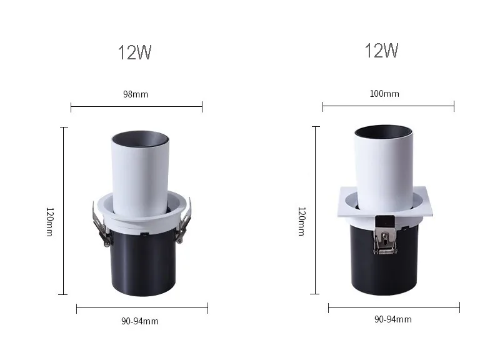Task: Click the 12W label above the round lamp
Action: pyautogui.click(x=135, y=52)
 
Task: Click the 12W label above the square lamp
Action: pyautogui.click(x=381, y=51)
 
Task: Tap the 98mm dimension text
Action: pyautogui.click(x=136, y=94)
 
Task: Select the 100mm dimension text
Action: pyautogui.click(x=384, y=94)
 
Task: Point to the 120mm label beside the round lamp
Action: pyautogui.click(x=49, y=222)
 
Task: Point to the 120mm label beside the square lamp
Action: pyautogui.click(x=302, y=221)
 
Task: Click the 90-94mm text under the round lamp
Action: pyautogui.click(x=140, y=321)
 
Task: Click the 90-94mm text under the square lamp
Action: pyautogui.click(x=393, y=319)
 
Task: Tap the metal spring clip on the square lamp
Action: pyautogui.click(x=385, y=239)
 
